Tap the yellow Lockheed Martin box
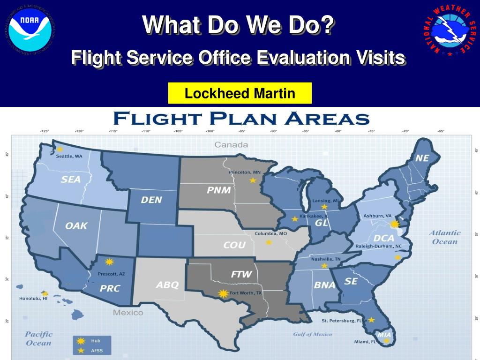click(240, 93)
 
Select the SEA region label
click(71, 179)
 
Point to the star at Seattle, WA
click(60, 149)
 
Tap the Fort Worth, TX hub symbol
click(223, 294)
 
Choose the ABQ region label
click(167, 285)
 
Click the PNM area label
click(218, 190)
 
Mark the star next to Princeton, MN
click(253, 180)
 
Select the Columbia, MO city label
click(271, 233)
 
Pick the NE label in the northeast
click(422, 158)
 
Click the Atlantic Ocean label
click(445, 237)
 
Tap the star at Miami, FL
click(386, 341)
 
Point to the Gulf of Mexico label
click(313, 334)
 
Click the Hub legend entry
click(93, 340)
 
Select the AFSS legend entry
click(93, 350)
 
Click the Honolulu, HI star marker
click(45, 293)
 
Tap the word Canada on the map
click(231, 144)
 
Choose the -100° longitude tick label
click(210, 131)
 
